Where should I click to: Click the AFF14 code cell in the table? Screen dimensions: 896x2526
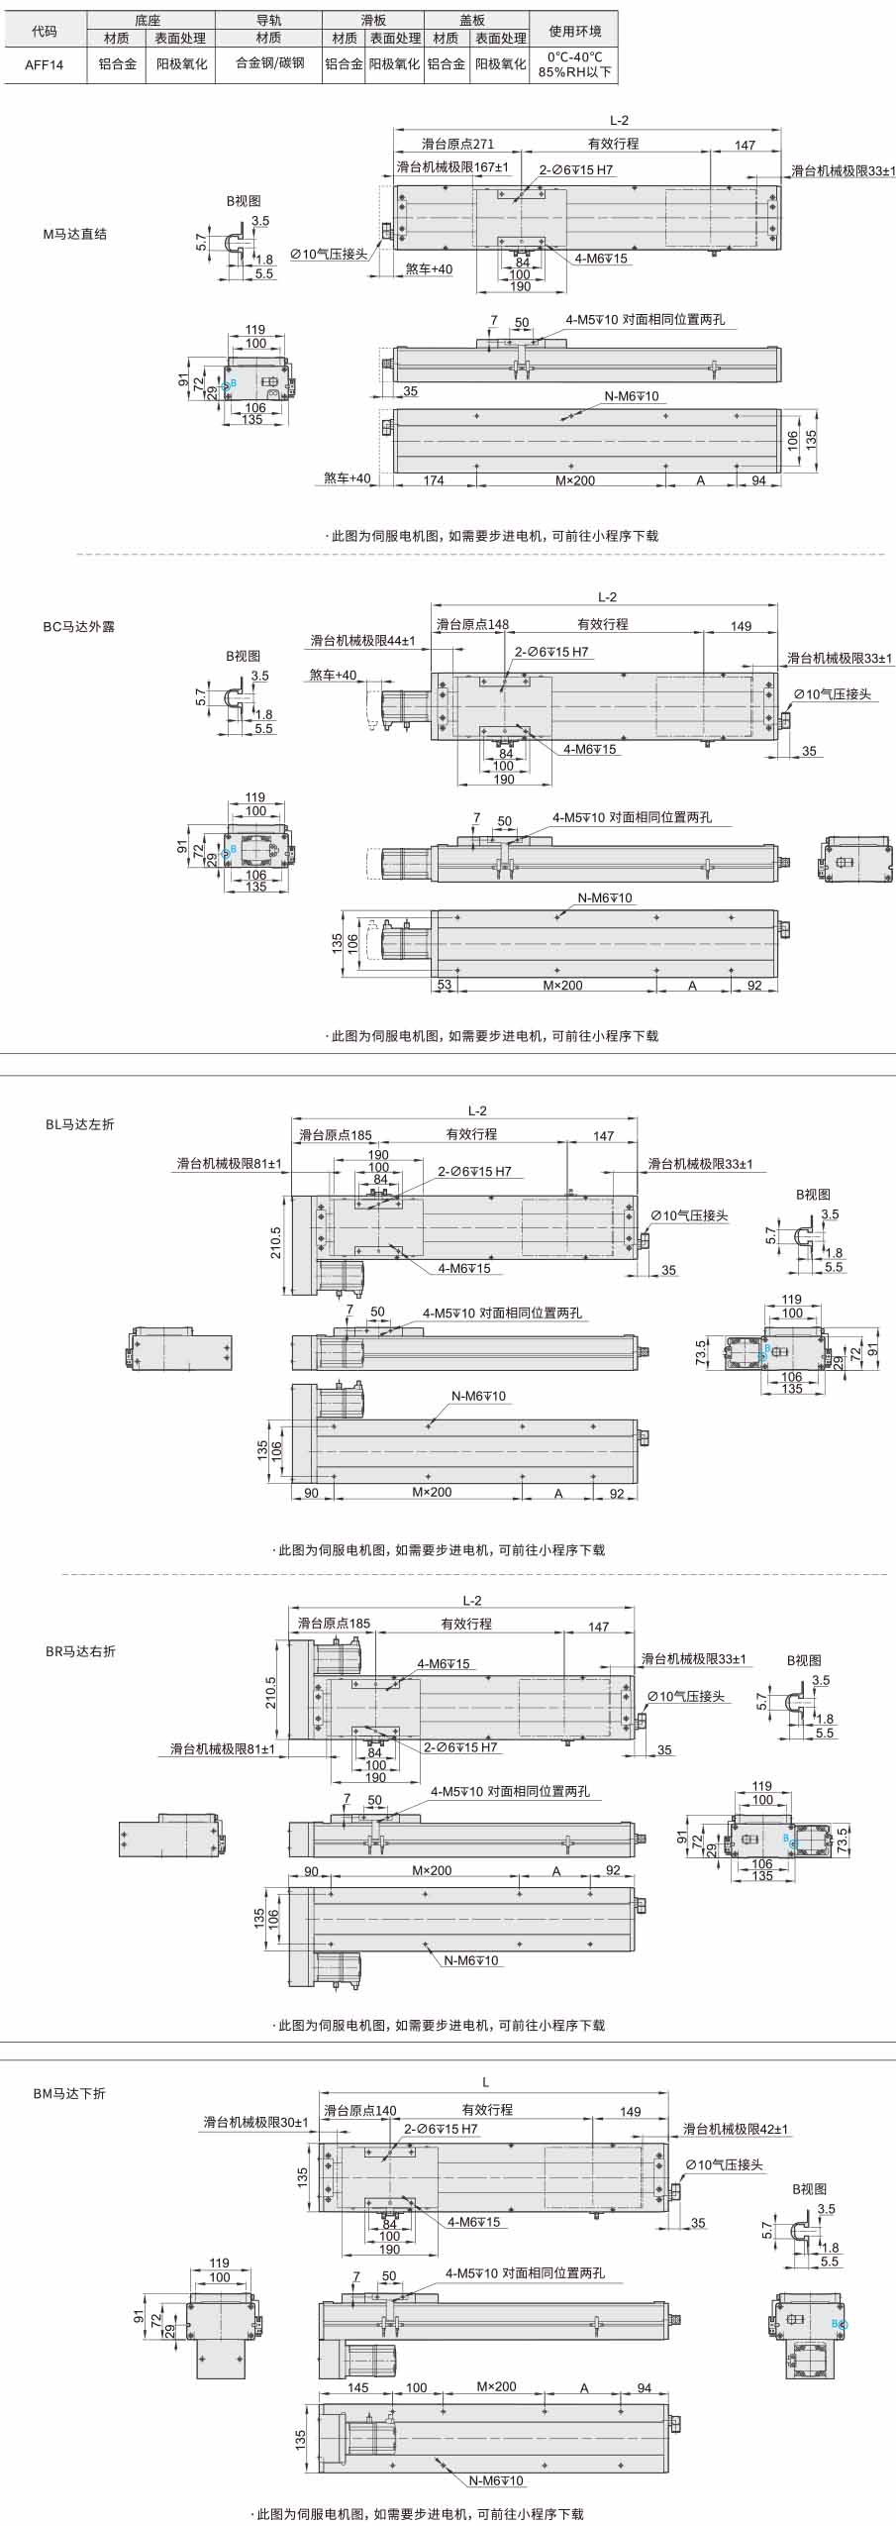pos(45,64)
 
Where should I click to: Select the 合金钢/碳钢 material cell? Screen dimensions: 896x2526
pos(269,63)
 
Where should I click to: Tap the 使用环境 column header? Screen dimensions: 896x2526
pos(575,31)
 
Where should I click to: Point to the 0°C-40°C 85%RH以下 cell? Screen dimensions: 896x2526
pos(575,64)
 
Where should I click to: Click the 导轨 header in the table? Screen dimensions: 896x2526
pos(269,20)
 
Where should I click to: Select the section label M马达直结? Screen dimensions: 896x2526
pos(75,235)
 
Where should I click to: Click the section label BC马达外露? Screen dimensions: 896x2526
pos(78,627)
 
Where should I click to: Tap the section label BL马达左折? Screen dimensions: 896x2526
pos(79,1124)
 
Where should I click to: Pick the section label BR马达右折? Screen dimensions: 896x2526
pos(80,1651)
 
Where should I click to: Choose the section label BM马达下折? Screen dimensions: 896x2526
pos(69,2093)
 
